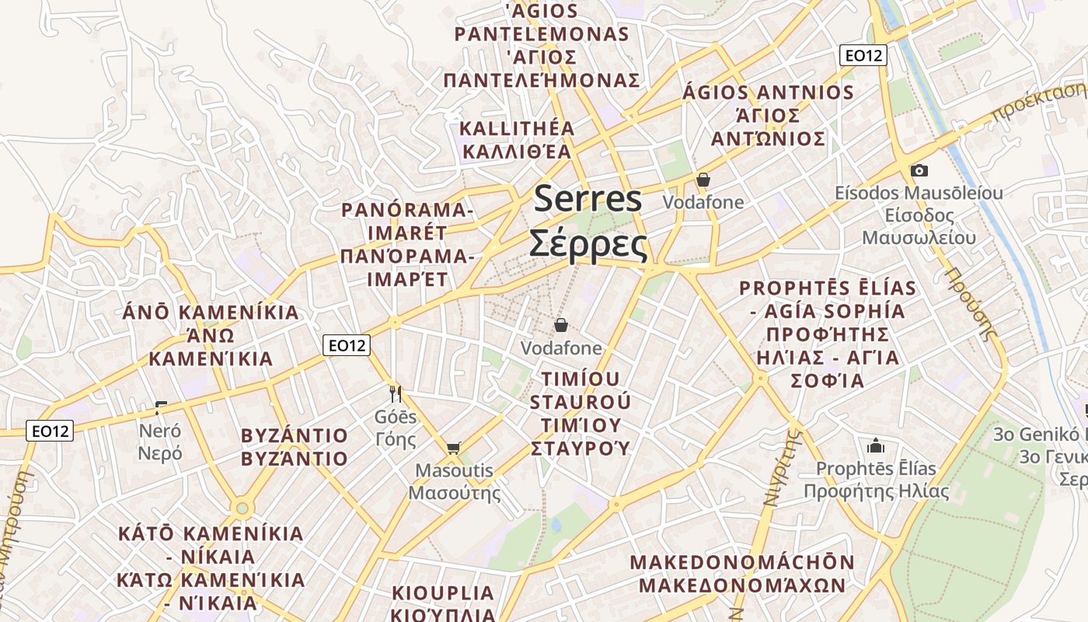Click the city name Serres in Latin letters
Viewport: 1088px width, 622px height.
pos(588,198)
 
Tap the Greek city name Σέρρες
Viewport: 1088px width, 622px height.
pos(588,244)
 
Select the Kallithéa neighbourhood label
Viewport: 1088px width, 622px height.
pos(517,139)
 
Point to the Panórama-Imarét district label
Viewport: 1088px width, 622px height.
pos(407,244)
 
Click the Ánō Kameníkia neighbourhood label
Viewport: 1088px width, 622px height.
pos(211,335)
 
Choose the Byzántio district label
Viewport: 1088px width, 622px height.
pos(295,446)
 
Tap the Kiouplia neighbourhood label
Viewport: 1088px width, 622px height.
pos(443,603)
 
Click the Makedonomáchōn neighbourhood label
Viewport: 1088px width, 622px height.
pos(742,573)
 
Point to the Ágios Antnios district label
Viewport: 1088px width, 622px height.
pos(768,116)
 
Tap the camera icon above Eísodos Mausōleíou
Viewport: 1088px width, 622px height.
pos(919,170)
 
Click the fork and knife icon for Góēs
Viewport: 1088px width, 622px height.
pos(396,394)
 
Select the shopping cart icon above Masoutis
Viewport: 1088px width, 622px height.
pos(454,448)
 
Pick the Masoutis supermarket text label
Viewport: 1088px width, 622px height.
pos(455,481)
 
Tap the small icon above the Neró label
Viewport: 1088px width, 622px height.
pos(161,407)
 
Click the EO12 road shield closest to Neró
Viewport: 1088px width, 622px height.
pos(51,431)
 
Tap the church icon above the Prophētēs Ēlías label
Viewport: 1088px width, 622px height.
pos(876,446)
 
